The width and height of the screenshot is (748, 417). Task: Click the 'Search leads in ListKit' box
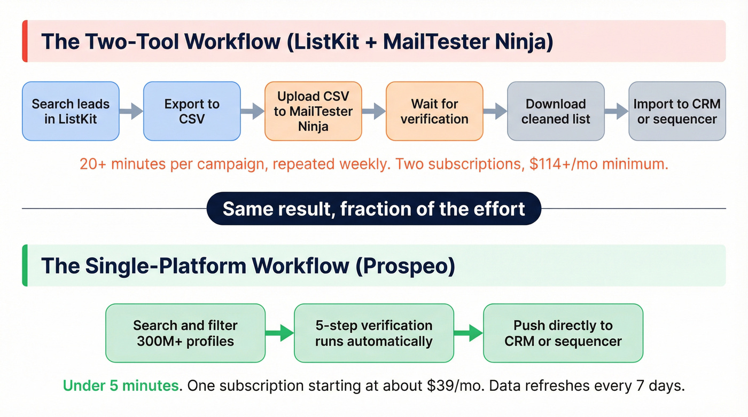[x=71, y=111]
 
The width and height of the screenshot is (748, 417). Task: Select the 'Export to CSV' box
[x=192, y=111]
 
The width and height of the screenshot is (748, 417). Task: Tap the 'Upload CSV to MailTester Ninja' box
[x=313, y=111]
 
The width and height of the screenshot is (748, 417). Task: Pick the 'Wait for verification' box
[x=434, y=111]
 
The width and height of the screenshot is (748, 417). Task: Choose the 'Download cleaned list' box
[x=556, y=111]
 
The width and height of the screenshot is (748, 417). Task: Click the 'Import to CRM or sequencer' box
[x=677, y=111]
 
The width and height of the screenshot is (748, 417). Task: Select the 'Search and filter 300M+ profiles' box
[x=185, y=333]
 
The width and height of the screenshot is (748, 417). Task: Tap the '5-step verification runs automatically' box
[x=374, y=333]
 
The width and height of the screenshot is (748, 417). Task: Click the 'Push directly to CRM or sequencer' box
[x=563, y=333]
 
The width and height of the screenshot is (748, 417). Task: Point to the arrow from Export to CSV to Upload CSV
[x=253, y=111]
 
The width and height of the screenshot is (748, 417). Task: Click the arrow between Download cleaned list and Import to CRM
[x=617, y=111]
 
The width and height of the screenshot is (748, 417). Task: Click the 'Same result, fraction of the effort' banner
[x=374, y=208]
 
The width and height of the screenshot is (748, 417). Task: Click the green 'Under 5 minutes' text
[x=121, y=385]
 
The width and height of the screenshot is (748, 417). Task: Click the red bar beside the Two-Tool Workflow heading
[x=25, y=42]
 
